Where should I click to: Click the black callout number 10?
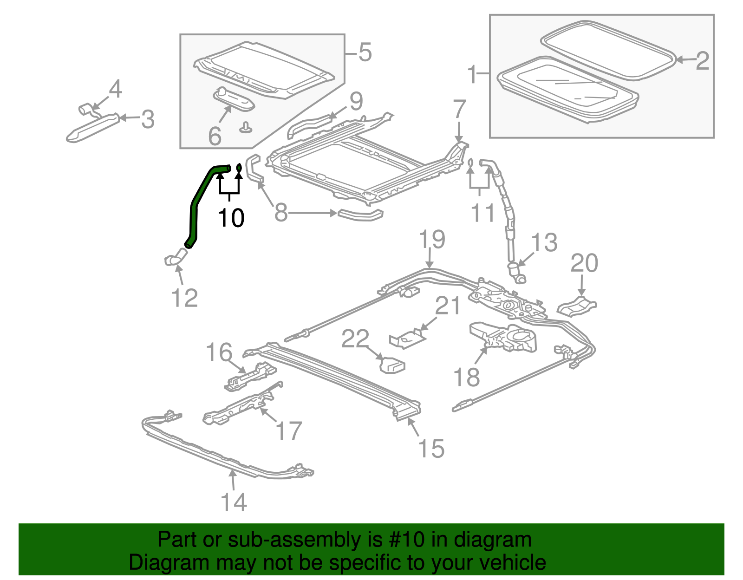click(x=231, y=217)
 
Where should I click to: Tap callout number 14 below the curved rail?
click(x=234, y=502)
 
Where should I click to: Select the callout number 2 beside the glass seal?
click(x=702, y=61)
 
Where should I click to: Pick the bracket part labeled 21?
click(x=407, y=338)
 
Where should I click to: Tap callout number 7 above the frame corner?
click(x=459, y=110)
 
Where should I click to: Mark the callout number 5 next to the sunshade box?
click(x=365, y=52)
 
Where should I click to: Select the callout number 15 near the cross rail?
click(x=431, y=448)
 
